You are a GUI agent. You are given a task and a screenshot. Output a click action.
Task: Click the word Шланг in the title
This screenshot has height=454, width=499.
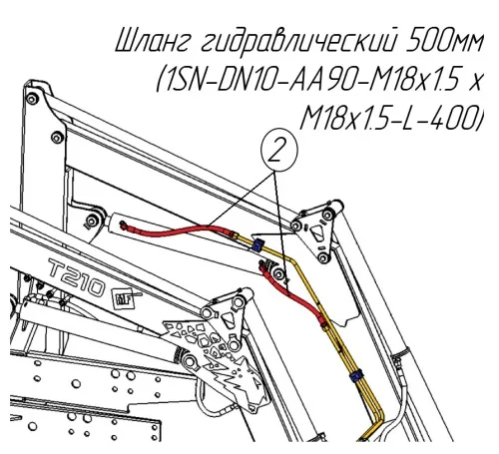coord(154,43)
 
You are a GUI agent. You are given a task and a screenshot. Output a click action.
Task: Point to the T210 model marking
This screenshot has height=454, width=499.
coord(76,276)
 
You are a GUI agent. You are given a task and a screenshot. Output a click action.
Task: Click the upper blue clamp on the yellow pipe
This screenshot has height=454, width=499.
coord(257,246)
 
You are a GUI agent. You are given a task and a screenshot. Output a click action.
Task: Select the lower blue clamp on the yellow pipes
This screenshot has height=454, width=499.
coord(355,376)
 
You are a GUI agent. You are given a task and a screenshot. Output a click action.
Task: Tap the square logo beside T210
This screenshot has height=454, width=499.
coord(125,297)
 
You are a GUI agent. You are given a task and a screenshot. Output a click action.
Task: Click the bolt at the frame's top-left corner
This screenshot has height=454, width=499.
coord(32,99)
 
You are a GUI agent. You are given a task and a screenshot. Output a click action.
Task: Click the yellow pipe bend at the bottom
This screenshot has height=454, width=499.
coord(378,420)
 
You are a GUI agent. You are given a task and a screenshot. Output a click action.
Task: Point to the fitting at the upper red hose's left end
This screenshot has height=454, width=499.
coord(124,226)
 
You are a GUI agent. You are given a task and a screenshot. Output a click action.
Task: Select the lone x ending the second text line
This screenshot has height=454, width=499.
coord(476,82)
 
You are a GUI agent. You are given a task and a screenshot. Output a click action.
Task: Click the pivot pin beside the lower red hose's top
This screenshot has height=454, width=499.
coord(276,273)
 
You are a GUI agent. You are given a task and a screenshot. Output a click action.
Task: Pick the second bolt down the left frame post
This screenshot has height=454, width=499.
coord(58,137)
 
